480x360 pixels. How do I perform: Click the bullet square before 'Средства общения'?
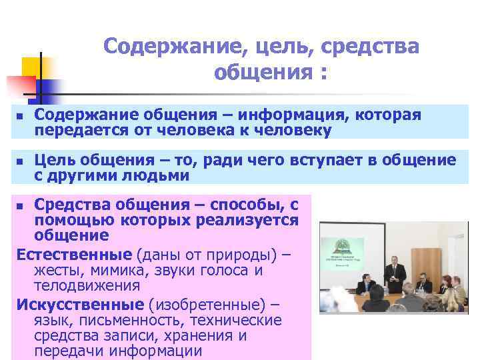(20, 203)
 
